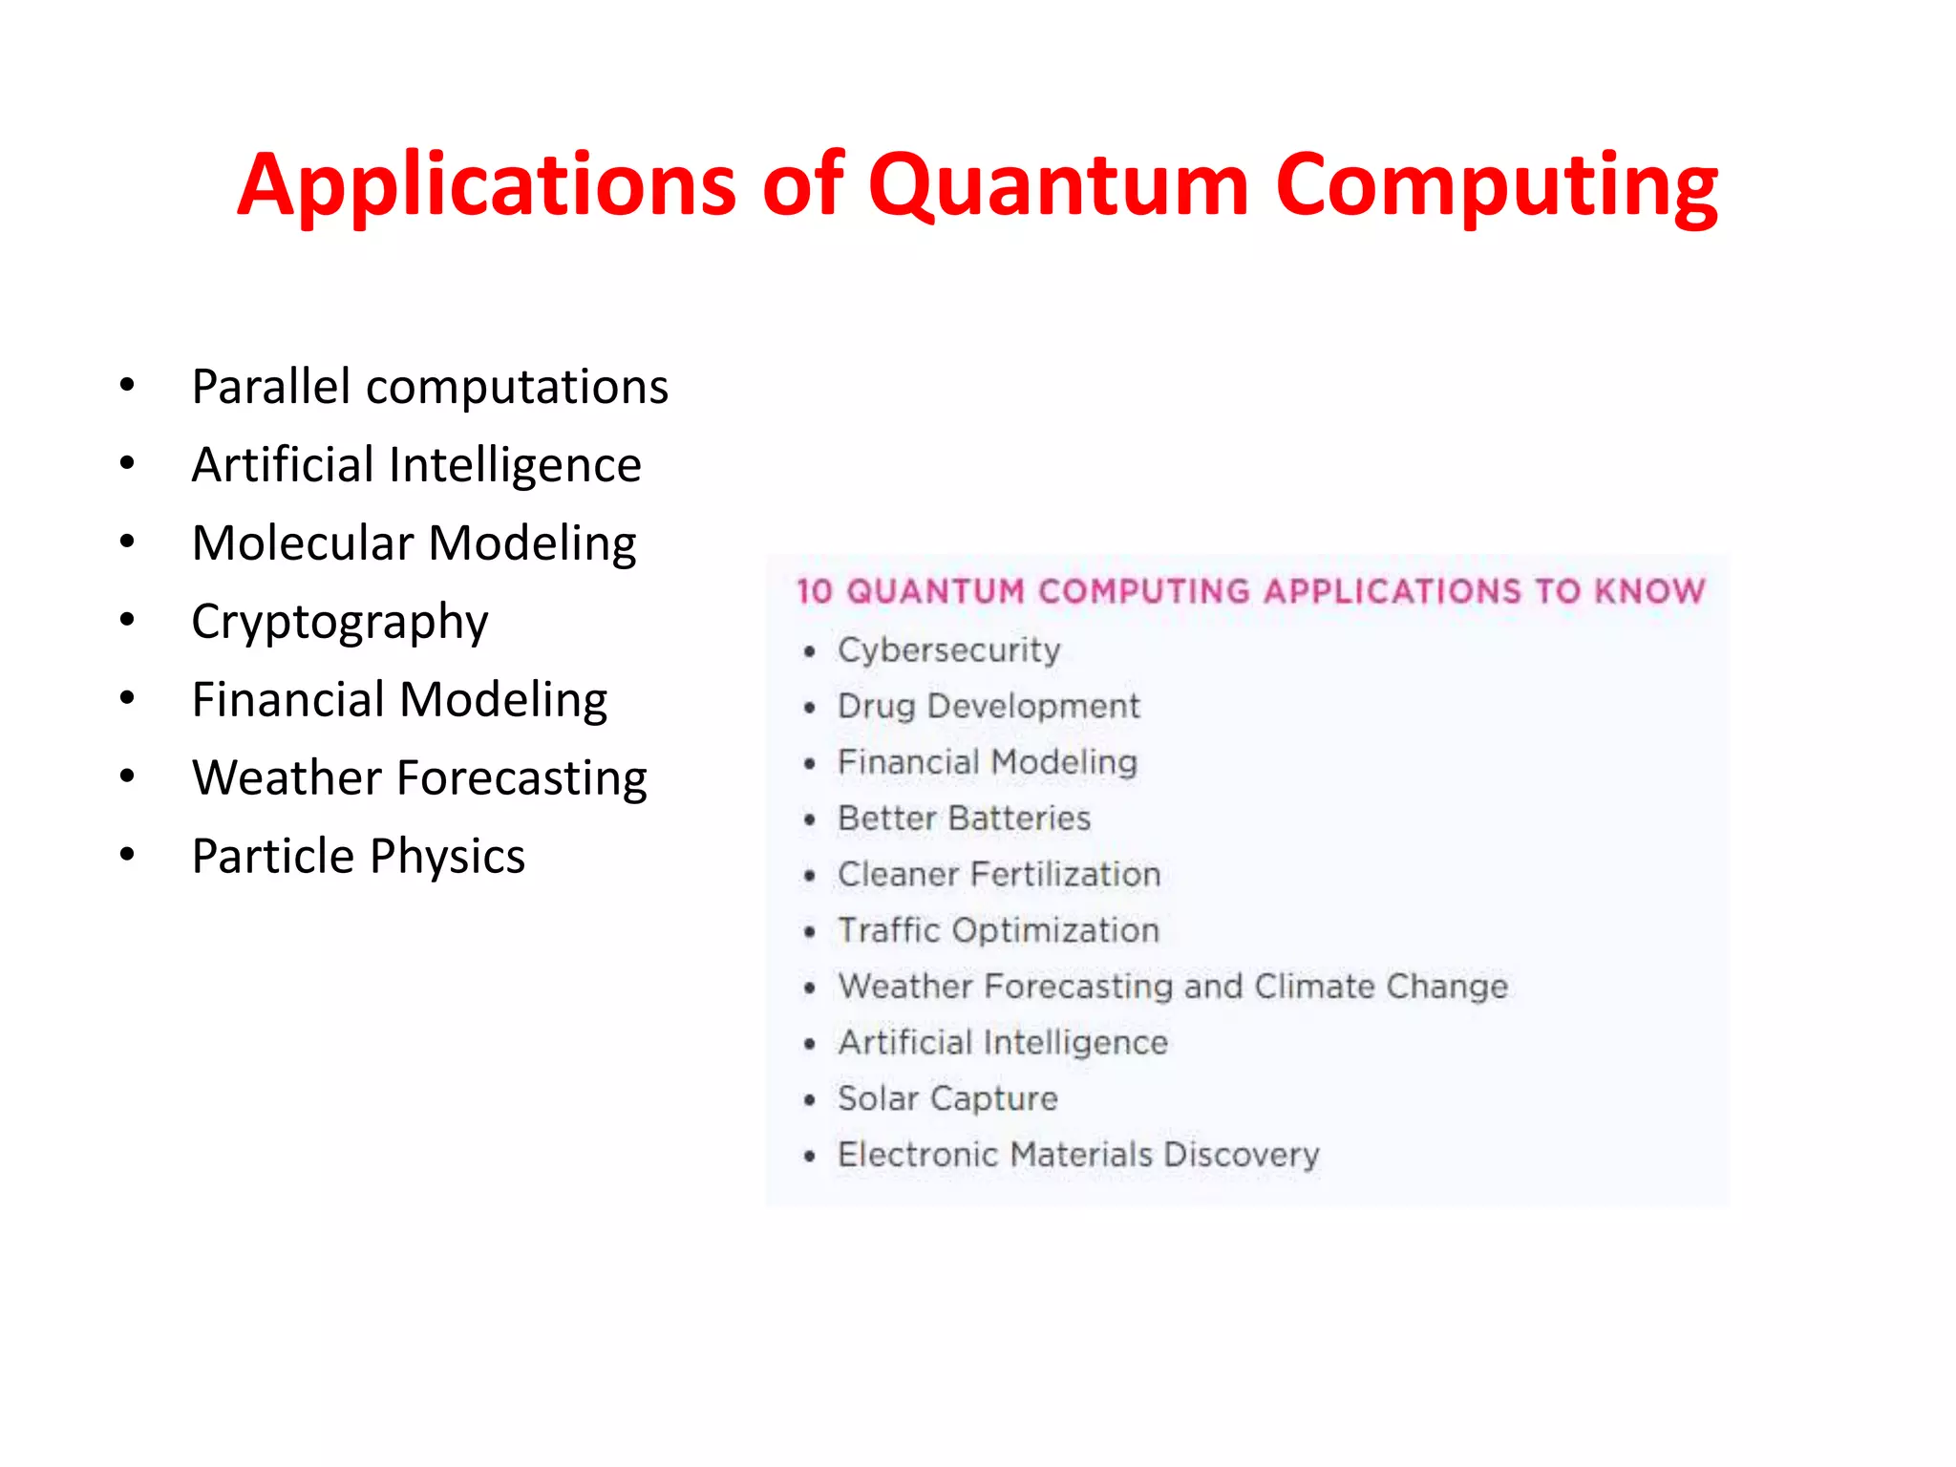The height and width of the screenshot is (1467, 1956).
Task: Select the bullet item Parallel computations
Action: tap(430, 387)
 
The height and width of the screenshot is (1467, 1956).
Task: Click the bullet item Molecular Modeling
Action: tap(414, 543)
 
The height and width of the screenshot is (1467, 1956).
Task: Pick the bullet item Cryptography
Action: tap(339, 622)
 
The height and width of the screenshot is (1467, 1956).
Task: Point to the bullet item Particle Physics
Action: tap(358, 856)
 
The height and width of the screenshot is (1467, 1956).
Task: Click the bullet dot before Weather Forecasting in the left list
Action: tap(127, 776)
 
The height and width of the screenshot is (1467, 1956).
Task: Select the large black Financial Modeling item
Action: tap(399, 700)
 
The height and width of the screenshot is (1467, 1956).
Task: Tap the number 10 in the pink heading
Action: tap(815, 591)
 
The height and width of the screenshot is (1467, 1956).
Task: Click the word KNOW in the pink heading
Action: tap(1648, 591)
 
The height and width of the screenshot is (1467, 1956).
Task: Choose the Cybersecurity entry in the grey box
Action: tap(948, 650)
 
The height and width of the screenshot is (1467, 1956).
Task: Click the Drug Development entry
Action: tap(989, 707)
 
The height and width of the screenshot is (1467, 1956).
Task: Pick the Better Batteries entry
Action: tap(964, 819)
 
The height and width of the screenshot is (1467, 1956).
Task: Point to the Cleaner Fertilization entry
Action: tap(999, 875)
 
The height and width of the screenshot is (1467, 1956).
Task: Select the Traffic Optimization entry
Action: tap(998, 930)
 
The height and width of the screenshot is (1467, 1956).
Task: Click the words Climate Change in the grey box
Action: tap(1381, 987)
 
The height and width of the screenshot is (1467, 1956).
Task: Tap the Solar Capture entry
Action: tap(947, 1098)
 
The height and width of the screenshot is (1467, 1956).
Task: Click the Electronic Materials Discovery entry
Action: tap(1078, 1155)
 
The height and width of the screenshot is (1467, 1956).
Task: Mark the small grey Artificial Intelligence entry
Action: tap(1003, 1042)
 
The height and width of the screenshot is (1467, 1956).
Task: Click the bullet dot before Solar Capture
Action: tap(810, 1100)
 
